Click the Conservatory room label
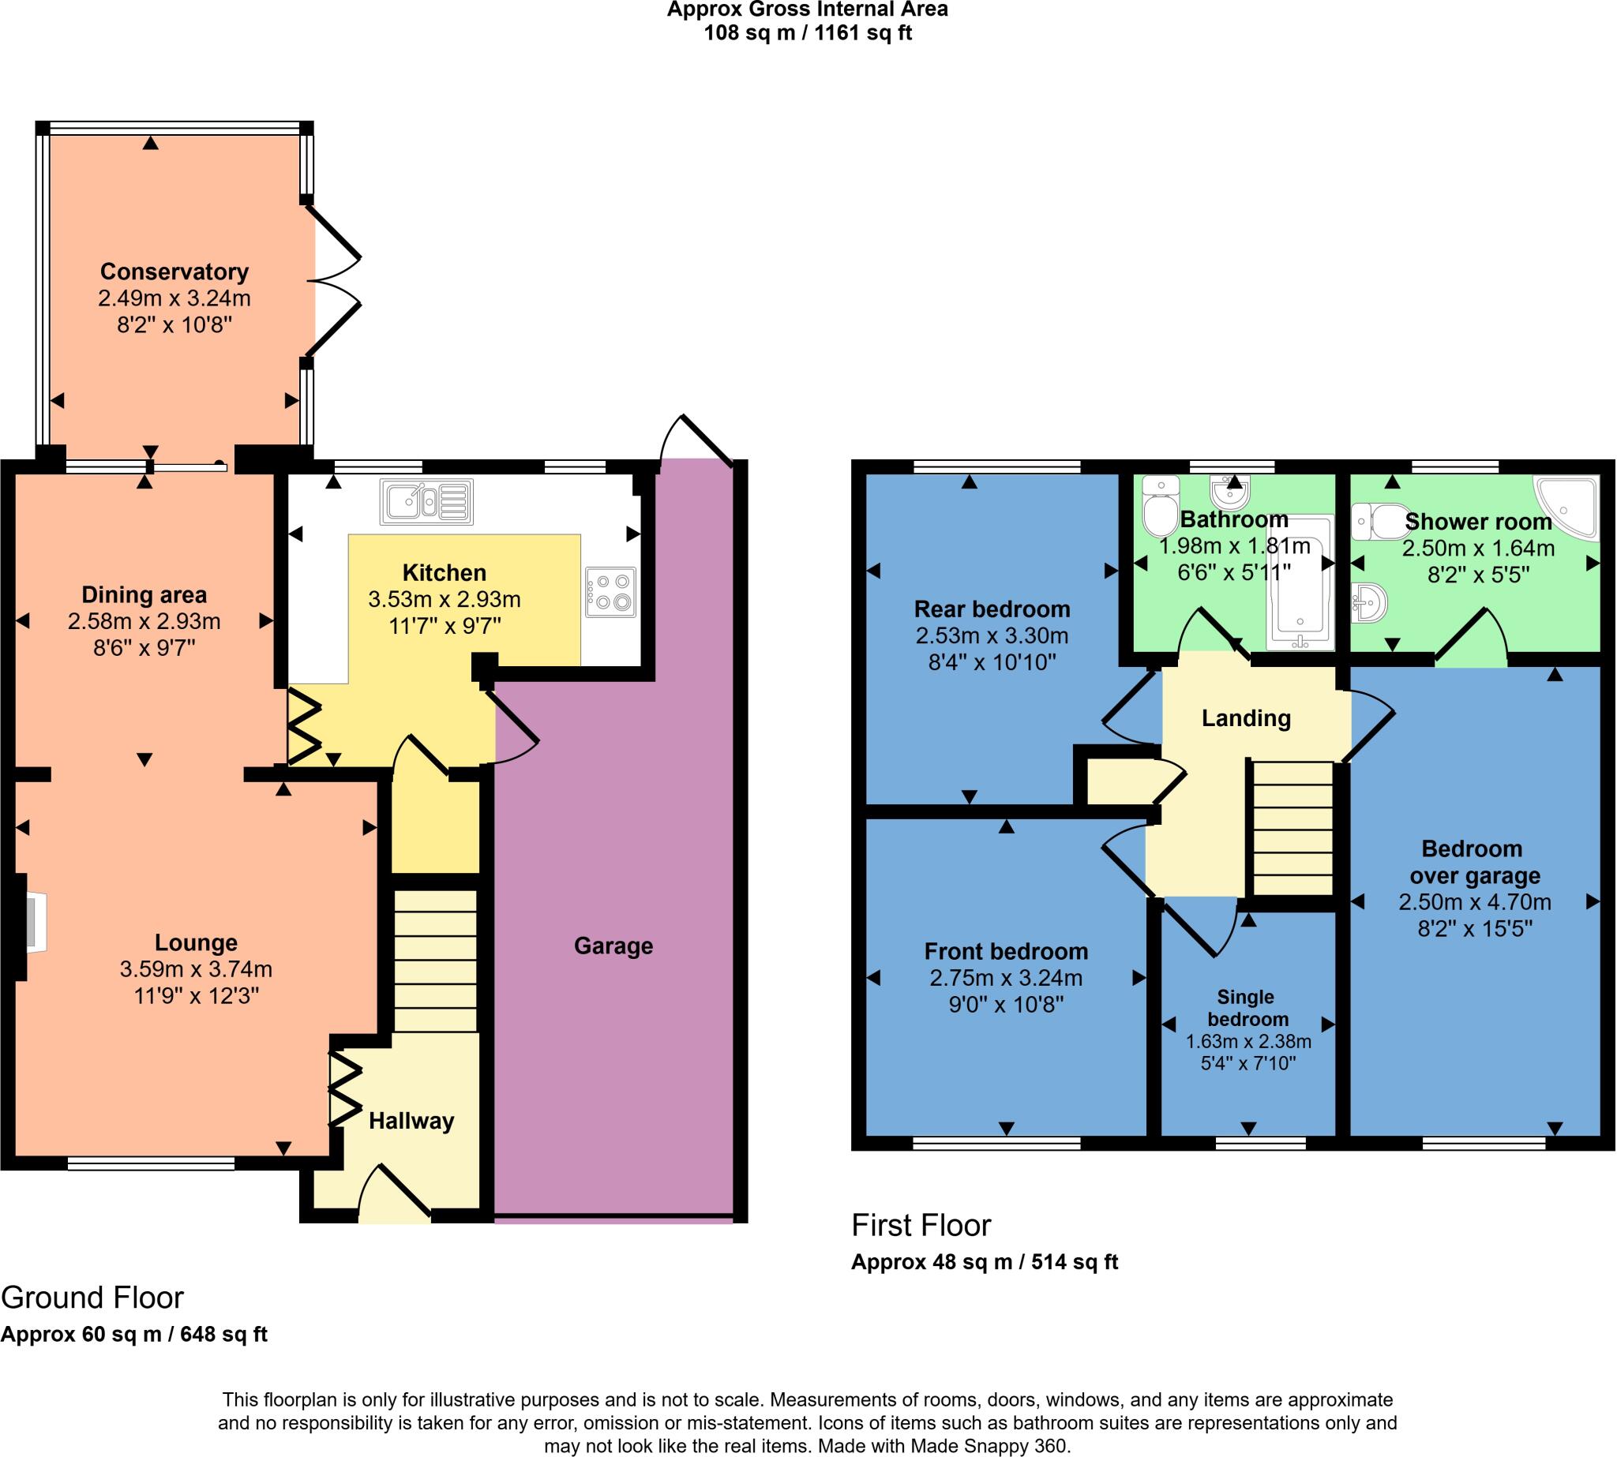point(174,272)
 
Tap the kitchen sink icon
point(427,502)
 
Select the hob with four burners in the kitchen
point(610,592)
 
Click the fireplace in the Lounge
point(34,925)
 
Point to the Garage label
point(613,946)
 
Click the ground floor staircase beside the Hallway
point(435,961)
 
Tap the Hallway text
point(411,1121)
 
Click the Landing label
point(1246,718)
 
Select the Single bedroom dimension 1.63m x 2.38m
point(1248,1042)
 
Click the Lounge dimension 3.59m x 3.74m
point(197,969)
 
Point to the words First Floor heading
point(921,1226)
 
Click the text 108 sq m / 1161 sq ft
point(807,33)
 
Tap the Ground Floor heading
point(92,1298)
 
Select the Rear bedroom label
point(992,609)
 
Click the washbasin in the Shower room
point(1370,601)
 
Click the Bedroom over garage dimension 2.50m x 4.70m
point(1474,902)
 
